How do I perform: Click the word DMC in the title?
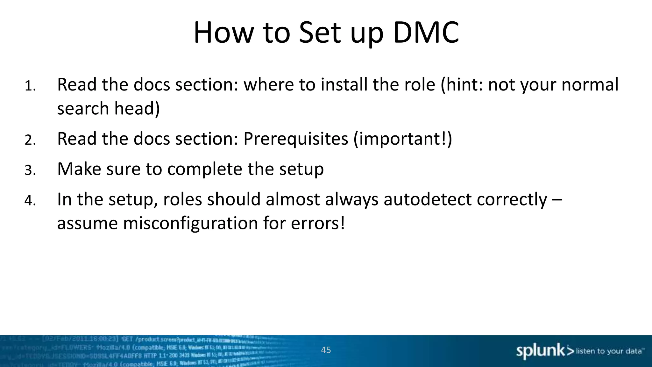point(426,32)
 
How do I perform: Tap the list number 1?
point(30,86)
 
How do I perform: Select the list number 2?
point(30,140)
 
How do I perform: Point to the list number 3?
point(30,170)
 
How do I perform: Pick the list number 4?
point(30,201)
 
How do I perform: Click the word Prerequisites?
point(295,139)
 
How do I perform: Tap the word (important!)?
point(403,139)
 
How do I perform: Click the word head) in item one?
point(137,109)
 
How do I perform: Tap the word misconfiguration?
point(190,223)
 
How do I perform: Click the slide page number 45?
point(326,350)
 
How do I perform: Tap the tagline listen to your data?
point(609,351)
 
